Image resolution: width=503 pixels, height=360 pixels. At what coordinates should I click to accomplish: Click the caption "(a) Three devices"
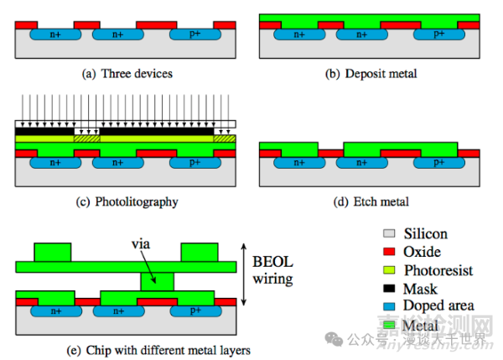[127, 74]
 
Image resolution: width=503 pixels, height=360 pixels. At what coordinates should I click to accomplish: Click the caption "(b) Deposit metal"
[371, 74]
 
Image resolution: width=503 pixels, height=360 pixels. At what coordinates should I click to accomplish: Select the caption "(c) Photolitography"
[127, 202]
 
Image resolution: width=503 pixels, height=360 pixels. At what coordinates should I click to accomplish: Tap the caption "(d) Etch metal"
[371, 202]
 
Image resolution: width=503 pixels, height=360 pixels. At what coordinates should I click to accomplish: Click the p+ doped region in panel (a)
[194, 35]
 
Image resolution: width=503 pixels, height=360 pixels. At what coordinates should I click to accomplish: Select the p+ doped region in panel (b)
[439, 35]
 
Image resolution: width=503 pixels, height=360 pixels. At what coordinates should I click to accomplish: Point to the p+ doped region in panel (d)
[439, 164]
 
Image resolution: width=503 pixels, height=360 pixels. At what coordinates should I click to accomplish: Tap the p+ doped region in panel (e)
[194, 309]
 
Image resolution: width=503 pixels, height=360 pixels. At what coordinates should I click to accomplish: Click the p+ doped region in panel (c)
[194, 164]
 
